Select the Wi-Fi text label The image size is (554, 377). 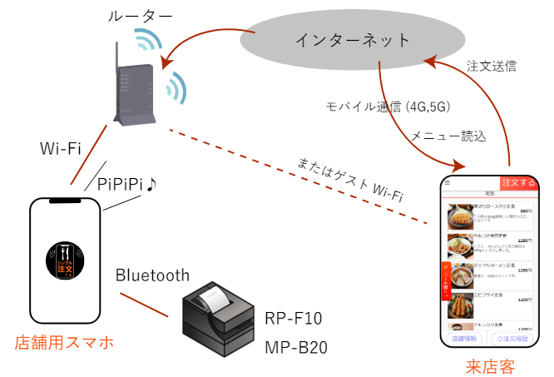[60, 150]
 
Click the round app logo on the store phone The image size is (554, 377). [64, 264]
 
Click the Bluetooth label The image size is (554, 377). [152, 275]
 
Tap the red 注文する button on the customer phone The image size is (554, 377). [517, 182]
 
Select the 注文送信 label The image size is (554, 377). [492, 65]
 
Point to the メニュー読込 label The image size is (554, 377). [448, 134]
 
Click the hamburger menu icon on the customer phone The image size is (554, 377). [448, 181]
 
